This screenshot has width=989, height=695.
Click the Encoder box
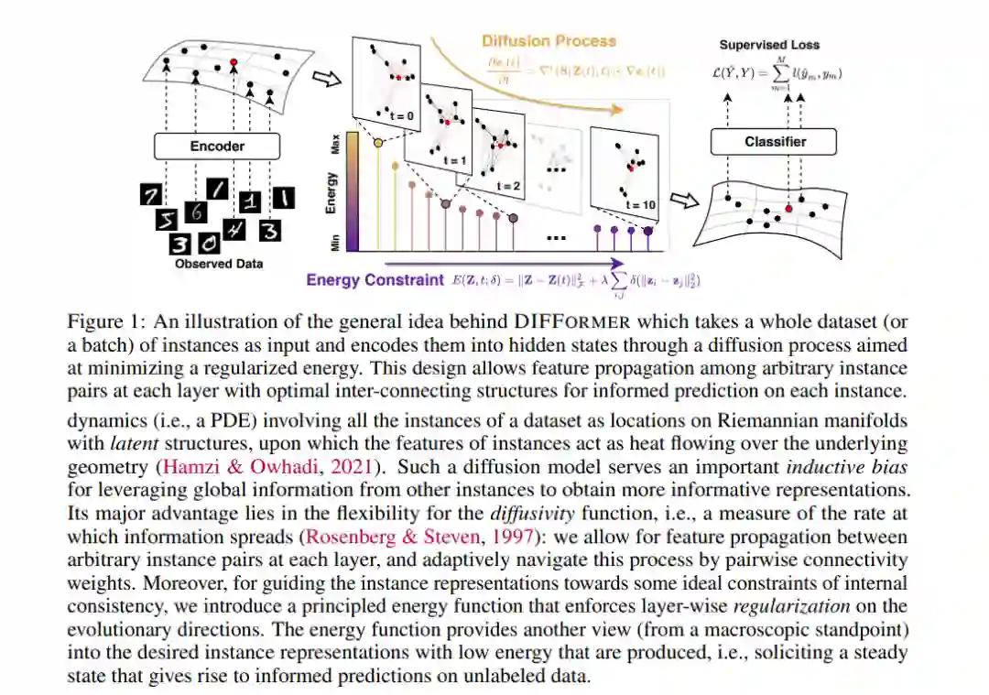pos(217,146)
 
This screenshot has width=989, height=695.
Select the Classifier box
pos(775,142)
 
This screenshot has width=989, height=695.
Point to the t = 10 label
pos(642,205)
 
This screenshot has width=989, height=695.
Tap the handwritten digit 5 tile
pos(166,220)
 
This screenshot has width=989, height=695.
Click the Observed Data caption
pos(219,264)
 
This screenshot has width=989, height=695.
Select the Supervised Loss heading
pos(769,45)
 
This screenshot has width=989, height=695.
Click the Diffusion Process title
pos(549,41)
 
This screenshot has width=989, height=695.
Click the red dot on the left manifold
pos(234,61)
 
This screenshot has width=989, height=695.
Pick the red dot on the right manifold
pos(788,209)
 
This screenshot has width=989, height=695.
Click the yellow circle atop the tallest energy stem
pos(378,144)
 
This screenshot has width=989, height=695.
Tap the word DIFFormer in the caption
pos(571,322)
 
